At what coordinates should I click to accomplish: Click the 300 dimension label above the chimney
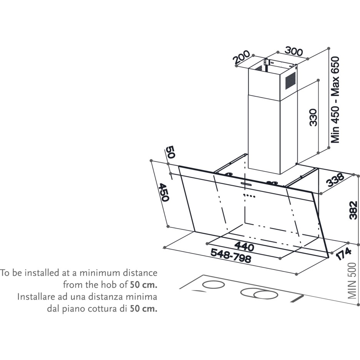click(x=294, y=51)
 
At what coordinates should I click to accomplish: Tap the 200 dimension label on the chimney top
click(x=242, y=57)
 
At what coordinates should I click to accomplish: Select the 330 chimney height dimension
click(x=313, y=118)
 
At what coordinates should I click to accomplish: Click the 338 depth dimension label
click(x=335, y=180)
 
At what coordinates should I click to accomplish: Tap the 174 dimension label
click(x=343, y=254)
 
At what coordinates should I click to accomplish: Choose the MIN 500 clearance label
click(x=352, y=281)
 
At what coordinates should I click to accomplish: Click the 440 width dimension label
click(x=244, y=246)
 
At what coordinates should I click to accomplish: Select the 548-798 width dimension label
click(x=231, y=255)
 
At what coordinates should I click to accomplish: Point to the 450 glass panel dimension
click(x=164, y=192)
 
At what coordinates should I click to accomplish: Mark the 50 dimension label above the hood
click(x=170, y=152)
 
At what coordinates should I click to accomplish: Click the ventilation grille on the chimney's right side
click(x=290, y=81)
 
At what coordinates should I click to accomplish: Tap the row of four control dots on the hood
click(x=249, y=196)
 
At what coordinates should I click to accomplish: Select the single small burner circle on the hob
click(x=214, y=285)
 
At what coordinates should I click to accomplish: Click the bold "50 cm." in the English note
click(x=144, y=285)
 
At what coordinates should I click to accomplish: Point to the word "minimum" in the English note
click(x=100, y=273)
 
